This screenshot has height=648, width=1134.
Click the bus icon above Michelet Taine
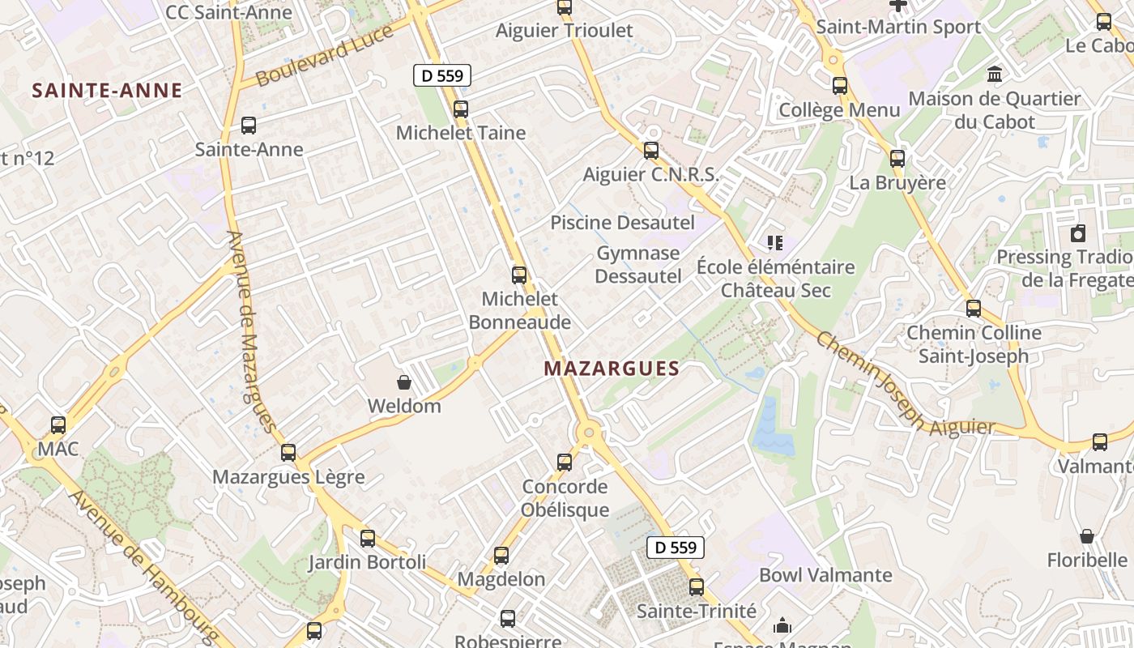461,109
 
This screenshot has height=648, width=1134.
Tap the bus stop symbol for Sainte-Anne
249,126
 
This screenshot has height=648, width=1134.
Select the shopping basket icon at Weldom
403,382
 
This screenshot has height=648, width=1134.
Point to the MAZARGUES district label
612,369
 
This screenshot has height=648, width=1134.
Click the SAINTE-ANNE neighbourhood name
108,91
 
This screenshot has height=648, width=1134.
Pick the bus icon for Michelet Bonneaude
519,275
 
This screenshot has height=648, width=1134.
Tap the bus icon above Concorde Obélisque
565,463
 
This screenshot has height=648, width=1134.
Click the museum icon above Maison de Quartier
995,75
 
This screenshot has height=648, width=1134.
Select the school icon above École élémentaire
775,242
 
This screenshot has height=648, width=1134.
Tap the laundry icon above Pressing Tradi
1078,233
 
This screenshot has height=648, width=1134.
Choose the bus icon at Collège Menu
840,85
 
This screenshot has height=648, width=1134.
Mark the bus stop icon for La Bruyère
897,158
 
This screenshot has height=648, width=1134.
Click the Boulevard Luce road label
325,56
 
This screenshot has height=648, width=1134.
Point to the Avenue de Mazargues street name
252,331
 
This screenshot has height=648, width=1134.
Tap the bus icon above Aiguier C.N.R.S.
651,150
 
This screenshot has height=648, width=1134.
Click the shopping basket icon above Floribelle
1087,536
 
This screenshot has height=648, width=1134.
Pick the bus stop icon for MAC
58,424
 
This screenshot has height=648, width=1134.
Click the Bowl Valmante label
825,576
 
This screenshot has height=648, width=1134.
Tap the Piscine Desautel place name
623,223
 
